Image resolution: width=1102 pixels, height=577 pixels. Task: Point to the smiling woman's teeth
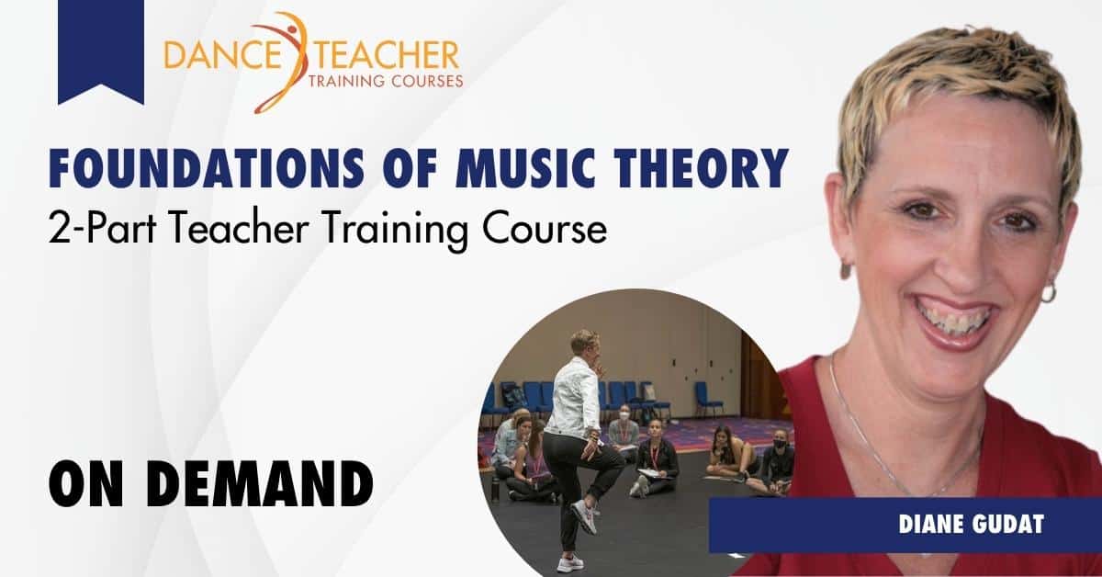[955, 317]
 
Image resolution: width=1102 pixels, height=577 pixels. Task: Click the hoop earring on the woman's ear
[1048, 291]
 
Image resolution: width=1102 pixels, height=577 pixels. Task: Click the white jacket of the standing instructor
[572, 397]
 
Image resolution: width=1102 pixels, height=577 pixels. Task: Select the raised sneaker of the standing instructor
[585, 516]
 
